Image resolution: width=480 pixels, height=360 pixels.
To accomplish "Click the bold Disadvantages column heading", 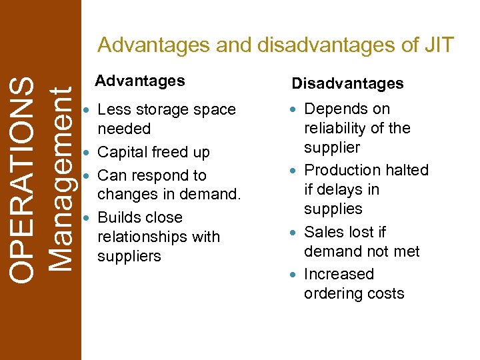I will click(x=347, y=83).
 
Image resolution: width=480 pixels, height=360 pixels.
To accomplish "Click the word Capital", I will click(x=125, y=153).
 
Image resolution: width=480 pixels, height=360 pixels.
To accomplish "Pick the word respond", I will click(x=152, y=176).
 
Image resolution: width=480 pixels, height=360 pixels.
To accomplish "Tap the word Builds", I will click(x=121, y=218).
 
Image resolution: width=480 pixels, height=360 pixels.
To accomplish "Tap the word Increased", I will click(x=339, y=275).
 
